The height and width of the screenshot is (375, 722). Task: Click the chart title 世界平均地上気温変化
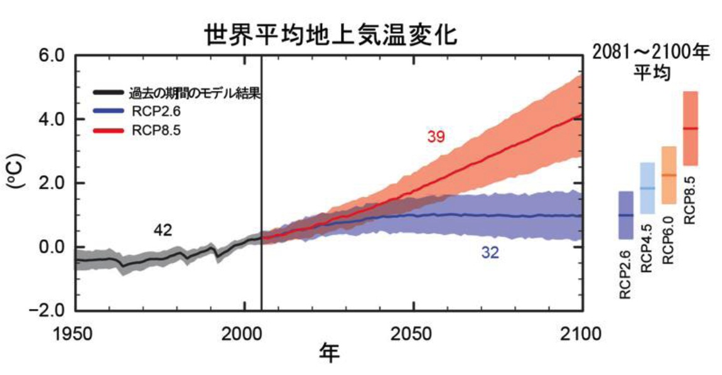pos(331,35)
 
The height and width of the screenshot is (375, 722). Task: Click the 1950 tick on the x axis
pos(75,333)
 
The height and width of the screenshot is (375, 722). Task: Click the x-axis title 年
pos(329,354)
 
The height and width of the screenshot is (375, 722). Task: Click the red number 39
pos(436,136)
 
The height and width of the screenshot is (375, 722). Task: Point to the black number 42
pos(163,231)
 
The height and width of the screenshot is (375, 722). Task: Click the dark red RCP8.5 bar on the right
pos(690,128)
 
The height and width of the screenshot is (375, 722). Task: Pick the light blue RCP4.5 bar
pos(647,188)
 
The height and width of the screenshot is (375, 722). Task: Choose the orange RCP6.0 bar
pos(669,175)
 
